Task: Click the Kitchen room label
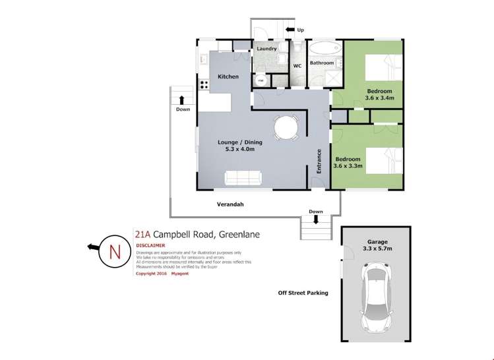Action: [x=228, y=77]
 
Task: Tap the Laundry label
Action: [x=266, y=49]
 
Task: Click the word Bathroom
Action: [x=323, y=63]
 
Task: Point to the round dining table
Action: [x=286, y=127]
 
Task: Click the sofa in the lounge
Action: [x=243, y=178]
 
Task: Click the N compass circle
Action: [x=115, y=251]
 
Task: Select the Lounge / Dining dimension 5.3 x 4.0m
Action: [x=236, y=150]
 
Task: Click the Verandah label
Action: [x=230, y=204]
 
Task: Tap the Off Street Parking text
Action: [x=303, y=293]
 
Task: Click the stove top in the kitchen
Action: [x=202, y=85]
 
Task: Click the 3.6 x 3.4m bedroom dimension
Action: [x=379, y=98]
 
